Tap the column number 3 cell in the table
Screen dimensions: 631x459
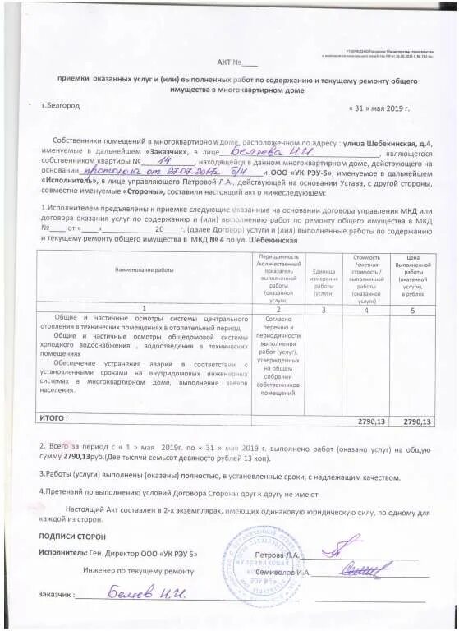pos(324,310)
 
